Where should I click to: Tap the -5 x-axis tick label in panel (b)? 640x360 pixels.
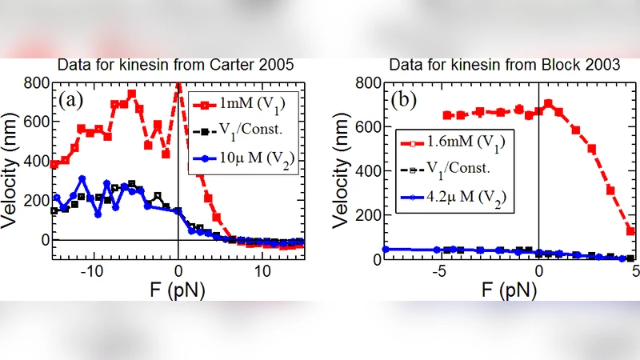coord(438,272)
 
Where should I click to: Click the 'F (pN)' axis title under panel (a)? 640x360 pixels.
coord(177,290)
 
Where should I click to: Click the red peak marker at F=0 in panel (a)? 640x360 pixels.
coord(178,84)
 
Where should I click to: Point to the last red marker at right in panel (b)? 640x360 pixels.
coord(630,230)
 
